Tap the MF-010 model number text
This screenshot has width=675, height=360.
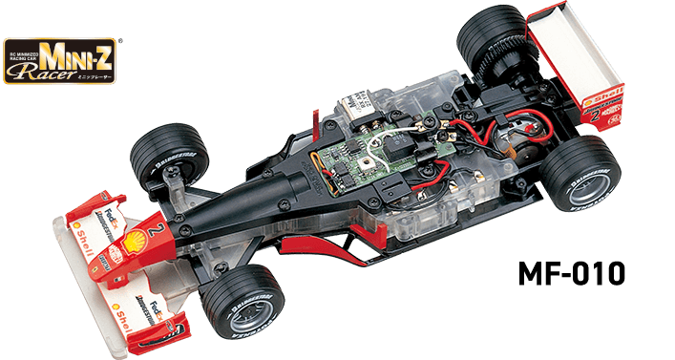point(573,273)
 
